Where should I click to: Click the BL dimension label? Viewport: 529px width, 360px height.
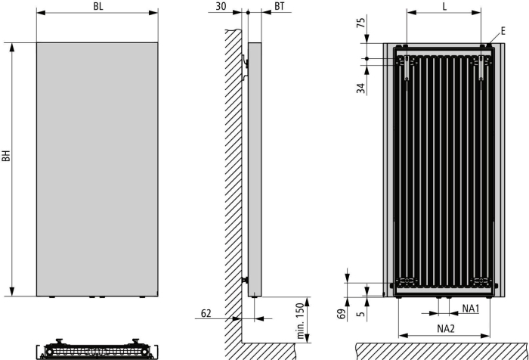click(98, 7)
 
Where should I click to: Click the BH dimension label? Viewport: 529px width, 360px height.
click(6, 156)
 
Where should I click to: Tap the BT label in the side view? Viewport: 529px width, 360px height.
click(280, 6)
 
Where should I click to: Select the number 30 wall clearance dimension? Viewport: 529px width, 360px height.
click(221, 6)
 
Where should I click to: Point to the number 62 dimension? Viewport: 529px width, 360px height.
click(206, 313)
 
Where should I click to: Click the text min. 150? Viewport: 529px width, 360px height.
click(300, 321)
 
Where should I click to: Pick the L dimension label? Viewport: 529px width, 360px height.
click(444, 6)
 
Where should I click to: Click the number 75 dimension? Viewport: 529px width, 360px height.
click(361, 23)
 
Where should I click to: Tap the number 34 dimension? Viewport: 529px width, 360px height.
click(361, 88)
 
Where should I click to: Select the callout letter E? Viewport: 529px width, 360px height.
click(503, 31)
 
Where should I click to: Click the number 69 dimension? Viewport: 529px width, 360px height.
click(342, 314)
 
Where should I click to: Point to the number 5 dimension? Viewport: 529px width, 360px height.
click(361, 314)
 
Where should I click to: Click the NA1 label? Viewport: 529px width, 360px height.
click(471, 309)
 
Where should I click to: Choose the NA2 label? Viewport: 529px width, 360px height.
click(446, 328)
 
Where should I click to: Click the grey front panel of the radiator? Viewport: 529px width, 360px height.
click(97, 169)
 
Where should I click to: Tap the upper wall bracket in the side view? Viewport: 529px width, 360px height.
click(245, 67)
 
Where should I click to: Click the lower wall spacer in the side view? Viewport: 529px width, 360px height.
click(245, 280)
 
